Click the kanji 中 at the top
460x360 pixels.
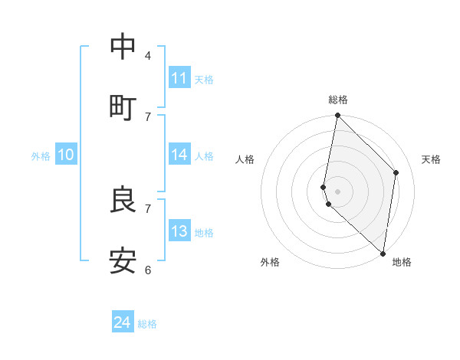123,47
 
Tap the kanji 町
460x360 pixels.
123,107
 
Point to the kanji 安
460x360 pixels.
123,261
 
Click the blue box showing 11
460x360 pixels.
179,78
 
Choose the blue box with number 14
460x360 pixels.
179,155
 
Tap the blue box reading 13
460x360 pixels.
179,231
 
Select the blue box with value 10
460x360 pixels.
66,155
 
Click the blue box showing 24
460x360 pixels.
123,322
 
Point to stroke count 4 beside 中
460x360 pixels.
148,56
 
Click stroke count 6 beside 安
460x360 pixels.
148,270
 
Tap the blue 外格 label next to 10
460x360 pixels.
41,156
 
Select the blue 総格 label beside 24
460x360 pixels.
147,324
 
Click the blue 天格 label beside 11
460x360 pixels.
204,80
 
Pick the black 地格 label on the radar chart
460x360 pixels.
402,262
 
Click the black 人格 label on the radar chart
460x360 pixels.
245,159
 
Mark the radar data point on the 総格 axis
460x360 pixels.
337,116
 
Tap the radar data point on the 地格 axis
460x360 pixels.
383,254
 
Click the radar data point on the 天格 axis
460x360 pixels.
396,172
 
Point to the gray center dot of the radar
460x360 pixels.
337,191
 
